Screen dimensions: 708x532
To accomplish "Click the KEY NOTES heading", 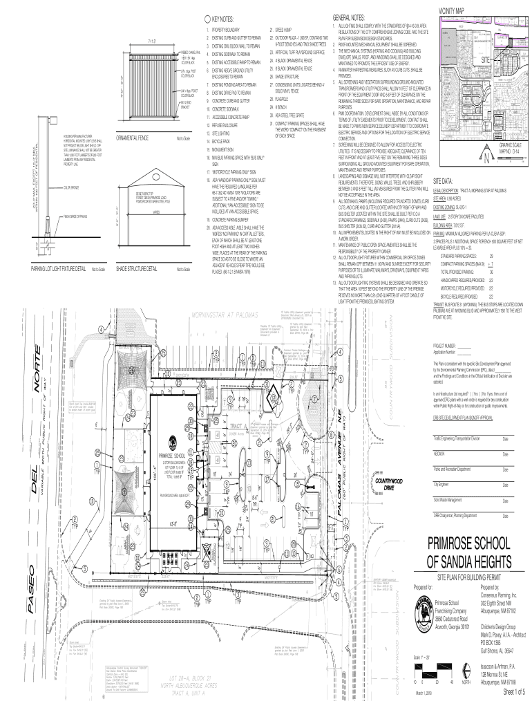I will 223,21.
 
